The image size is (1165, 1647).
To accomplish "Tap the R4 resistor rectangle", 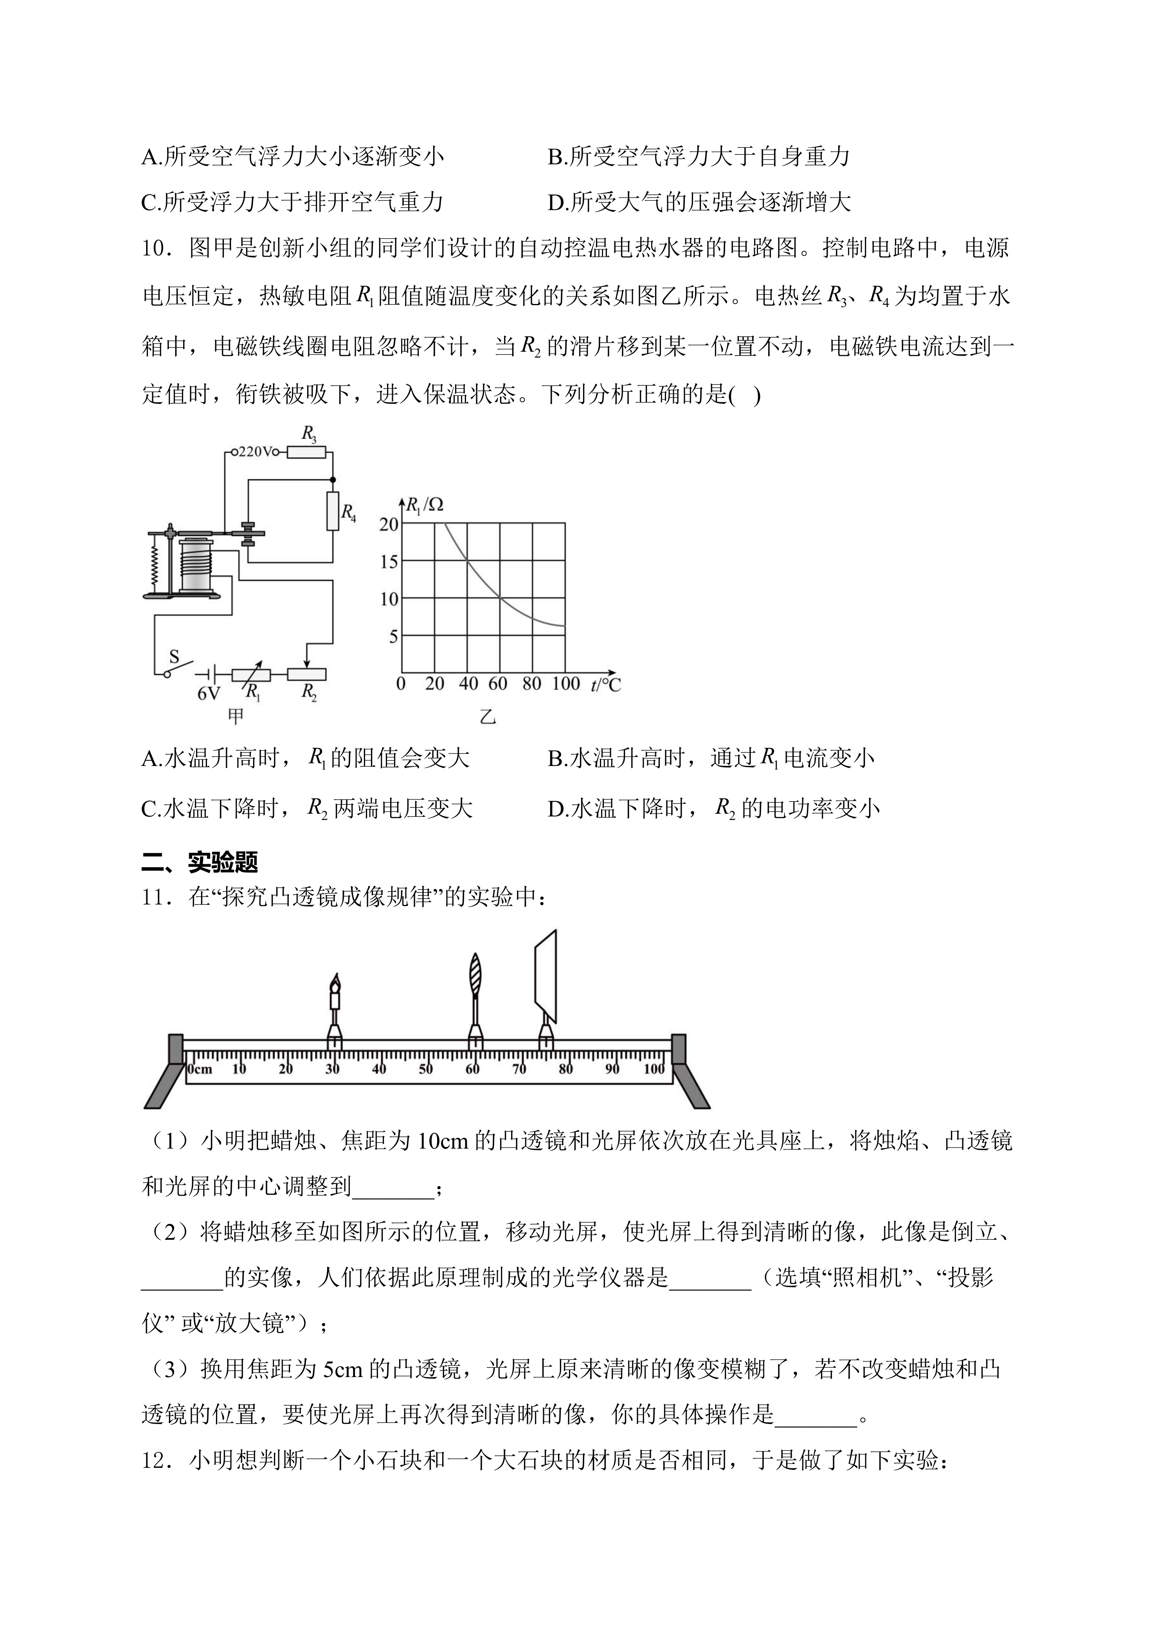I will [x=332, y=511].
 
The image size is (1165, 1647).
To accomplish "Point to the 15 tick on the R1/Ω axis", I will [x=389, y=562].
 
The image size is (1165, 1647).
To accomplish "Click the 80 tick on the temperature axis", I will [x=531, y=683].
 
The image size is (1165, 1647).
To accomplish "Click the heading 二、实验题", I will [x=200, y=861].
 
